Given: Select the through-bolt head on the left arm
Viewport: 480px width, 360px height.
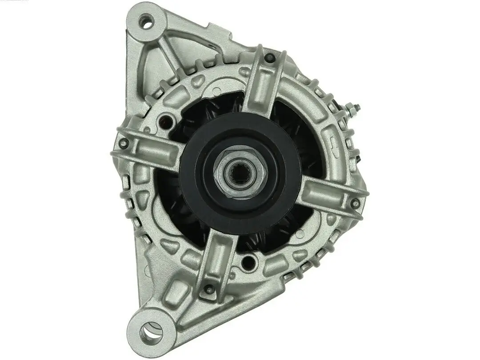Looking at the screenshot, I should [124, 143].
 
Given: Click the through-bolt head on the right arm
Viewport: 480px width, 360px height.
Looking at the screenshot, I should [355, 204].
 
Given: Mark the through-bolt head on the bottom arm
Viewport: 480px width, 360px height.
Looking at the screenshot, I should [208, 290].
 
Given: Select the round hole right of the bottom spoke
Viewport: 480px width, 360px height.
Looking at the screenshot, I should [249, 262].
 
